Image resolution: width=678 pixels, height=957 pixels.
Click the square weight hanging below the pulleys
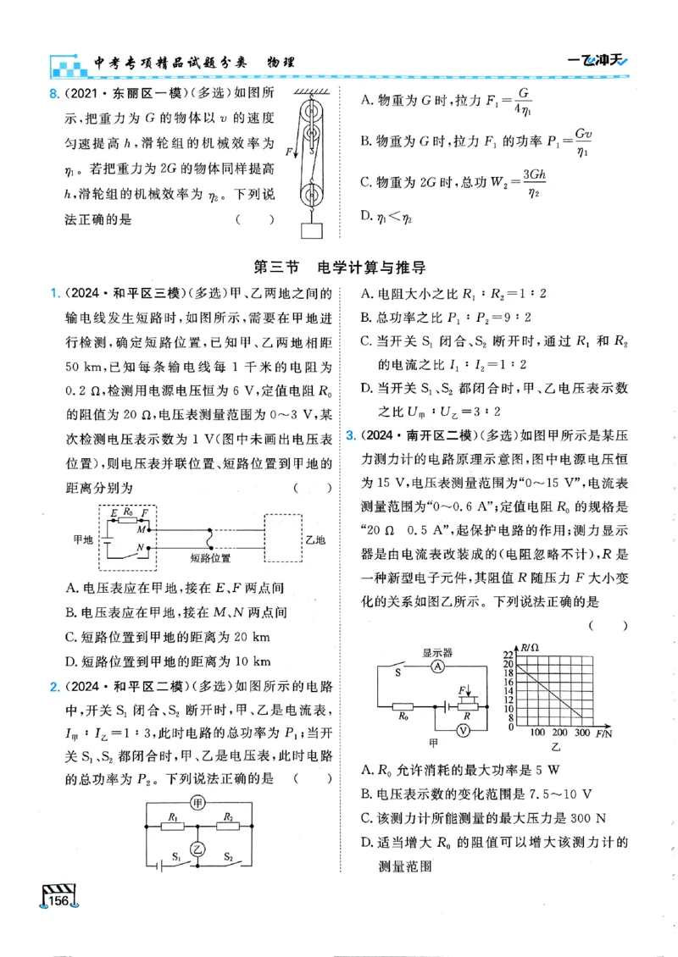(312, 230)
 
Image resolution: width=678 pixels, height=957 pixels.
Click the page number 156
(60, 901)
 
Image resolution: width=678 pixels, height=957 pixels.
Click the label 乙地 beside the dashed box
(315, 539)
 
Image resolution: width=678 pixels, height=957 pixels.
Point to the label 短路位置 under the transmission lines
(210, 559)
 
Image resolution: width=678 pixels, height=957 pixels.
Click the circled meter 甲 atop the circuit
(197, 801)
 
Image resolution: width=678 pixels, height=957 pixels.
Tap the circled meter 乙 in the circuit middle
(197, 848)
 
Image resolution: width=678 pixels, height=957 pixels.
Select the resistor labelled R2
(227, 821)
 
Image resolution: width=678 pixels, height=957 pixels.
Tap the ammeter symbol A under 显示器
(436, 667)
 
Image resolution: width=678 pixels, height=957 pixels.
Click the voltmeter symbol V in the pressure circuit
(463, 728)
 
